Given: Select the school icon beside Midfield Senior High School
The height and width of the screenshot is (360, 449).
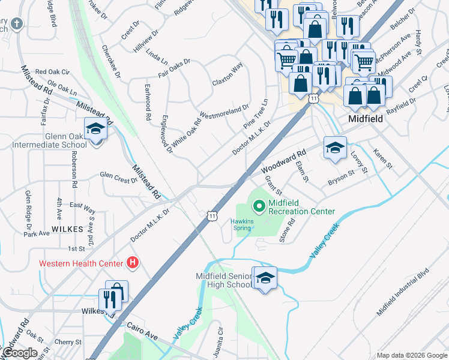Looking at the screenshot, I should (x=265, y=278).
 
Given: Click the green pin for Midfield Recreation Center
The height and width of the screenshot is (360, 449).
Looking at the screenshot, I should (x=259, y=207).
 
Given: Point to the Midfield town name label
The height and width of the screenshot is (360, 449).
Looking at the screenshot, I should (x=366, y=119).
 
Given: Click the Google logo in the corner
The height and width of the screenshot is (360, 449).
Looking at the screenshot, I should (x=20, y=353).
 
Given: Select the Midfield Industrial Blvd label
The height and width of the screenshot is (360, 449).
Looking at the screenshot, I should (x=403, y=292).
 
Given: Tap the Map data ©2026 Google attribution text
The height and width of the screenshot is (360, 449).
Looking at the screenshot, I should (x=412, y=355).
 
